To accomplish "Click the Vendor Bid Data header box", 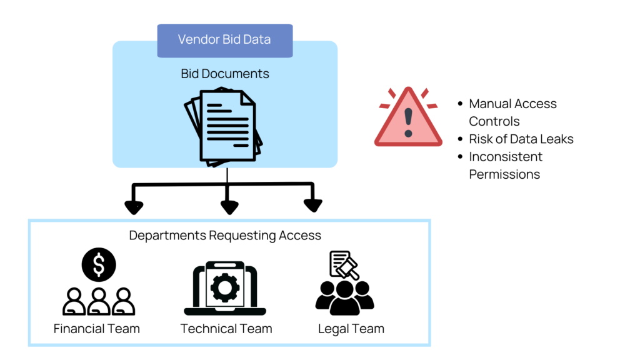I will [x=224, y=40].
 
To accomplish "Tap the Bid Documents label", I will [x=225, y=74].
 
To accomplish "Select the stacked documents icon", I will [x=224, y=127].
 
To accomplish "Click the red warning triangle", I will [x=407, y=119].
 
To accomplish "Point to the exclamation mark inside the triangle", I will [x=408, y=122].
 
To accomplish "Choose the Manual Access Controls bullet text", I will [x=512, y=112].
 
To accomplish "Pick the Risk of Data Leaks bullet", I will [x=521, y=139].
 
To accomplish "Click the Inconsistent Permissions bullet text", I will [x=506, y=165].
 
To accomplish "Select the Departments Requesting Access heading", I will [x=225, y=236].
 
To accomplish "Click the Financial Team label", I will [x=97, y=329].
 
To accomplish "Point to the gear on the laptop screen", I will [x=224, y=287].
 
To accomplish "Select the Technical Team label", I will [x=226, y=329].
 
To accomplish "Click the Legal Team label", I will [x=351, y=329].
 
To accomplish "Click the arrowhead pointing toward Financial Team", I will [x=134, y=207].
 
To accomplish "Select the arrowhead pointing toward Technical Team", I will [x=229, y=207].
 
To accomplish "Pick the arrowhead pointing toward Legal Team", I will [x=312, y=205].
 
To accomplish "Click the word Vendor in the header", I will [x=196, y=40].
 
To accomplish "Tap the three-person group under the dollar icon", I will [x=99, y=301].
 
